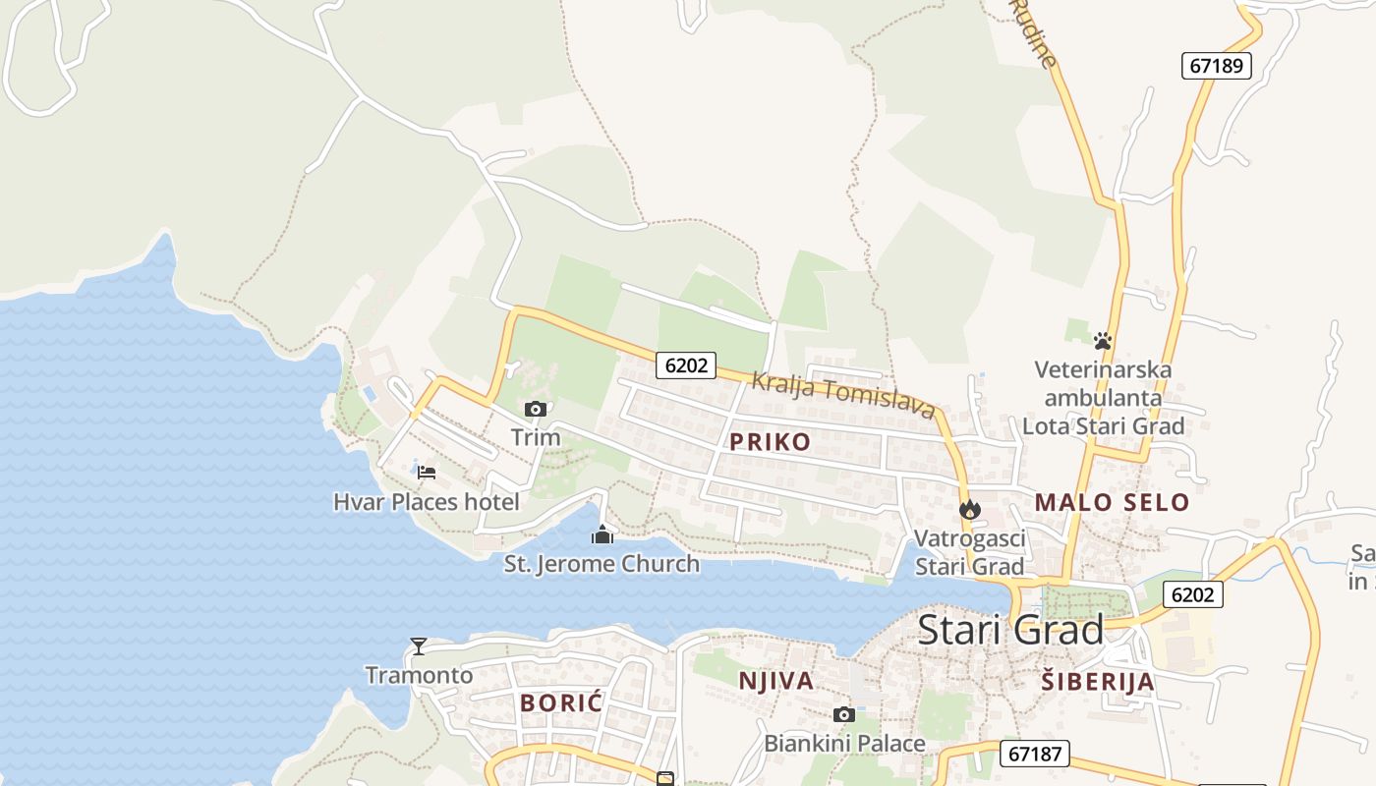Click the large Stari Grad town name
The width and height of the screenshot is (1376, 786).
(1010, 630)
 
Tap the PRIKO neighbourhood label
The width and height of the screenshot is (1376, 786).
(771, 442)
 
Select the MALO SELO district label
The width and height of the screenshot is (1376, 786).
(1112, 503)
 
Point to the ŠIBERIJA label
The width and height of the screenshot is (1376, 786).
(1098, 682)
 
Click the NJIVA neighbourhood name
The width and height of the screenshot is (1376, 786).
(776, 681)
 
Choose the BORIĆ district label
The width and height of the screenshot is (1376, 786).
(561, 703)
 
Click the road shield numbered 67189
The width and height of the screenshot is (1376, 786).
(1217, 66)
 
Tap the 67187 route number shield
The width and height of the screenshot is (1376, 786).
(1035, 754)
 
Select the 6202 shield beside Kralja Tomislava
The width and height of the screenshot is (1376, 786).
(686, 365)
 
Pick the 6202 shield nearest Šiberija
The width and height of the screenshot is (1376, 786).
(1193, 593)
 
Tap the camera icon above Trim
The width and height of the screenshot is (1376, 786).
(536, 410)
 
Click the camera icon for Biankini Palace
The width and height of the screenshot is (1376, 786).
(843, 715)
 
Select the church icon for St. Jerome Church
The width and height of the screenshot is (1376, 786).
(602, 535)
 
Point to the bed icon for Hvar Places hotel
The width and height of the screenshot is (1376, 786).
(427, 473)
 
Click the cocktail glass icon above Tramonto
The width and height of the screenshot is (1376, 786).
(419, 646)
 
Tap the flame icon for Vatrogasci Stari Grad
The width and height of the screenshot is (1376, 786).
(970, 509)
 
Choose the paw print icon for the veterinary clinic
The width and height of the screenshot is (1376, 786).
(1103, 341)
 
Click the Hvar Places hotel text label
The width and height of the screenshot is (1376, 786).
(427, 502)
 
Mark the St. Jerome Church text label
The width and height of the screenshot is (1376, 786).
(602, 564)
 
